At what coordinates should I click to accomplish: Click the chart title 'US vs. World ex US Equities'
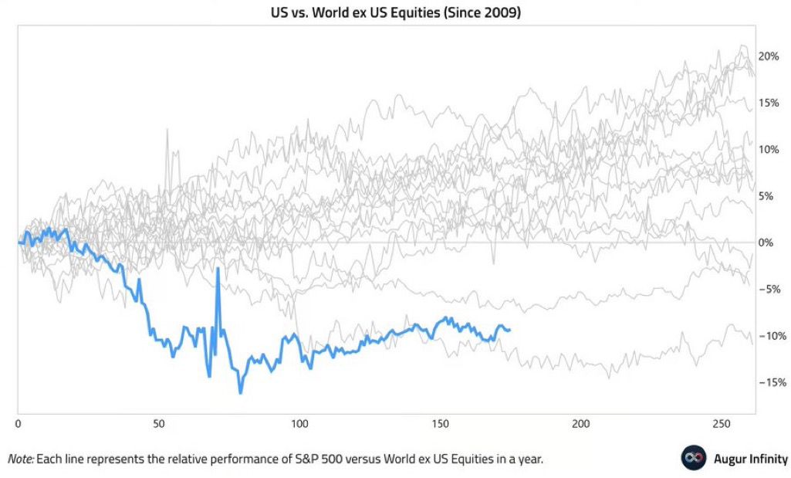pos(394,13)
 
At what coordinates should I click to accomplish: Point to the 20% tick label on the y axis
pos(769,56)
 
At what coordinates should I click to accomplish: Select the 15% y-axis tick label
pos(769,103)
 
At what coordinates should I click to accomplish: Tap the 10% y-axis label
pos(769,149)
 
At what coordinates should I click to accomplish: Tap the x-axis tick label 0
pos(18,424)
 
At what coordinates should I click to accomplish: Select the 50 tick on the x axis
pos(159,424)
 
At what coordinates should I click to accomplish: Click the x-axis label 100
pos(299,424)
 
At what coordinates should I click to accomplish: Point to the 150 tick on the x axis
pos(441,424)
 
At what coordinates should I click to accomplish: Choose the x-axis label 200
pos(581,424)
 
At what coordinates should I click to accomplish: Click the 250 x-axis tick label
pos(722,424)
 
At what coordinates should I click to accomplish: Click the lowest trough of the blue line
pos(241,393)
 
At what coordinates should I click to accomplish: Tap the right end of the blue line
pos(509,330)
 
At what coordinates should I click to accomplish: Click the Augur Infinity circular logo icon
pos(693,458)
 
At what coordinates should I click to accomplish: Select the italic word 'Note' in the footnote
pos(19,459)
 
